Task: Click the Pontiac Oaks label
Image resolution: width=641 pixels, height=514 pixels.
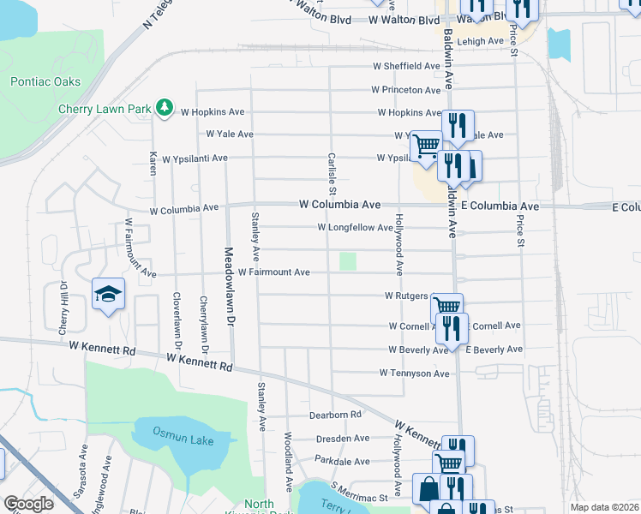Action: pyautogui.click(x=45, y=82)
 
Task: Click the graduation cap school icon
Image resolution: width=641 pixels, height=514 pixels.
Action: pyautogui.click(x=109, y=295)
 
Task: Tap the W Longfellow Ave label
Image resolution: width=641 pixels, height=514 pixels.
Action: pyautogui.click(x=355, y=228)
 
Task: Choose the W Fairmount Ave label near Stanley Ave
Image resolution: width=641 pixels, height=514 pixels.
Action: pyautogui.click(x=274, y=272)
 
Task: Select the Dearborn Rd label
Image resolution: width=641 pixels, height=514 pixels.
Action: pyautogui.click(x=338, y=415)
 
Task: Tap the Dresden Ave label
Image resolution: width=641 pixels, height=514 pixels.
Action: pyautogui.click(x=342, y=438)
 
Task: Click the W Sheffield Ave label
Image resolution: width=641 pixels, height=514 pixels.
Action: pyautogui.click(x=406, y=66)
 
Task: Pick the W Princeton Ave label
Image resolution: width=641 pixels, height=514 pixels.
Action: pyautogui.click(x=406, y=90)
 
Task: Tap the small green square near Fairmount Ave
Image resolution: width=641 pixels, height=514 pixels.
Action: pyautogui.click(x=347, y=261)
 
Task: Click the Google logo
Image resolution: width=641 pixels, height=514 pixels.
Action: pyautogui.click(x=28, y=505)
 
